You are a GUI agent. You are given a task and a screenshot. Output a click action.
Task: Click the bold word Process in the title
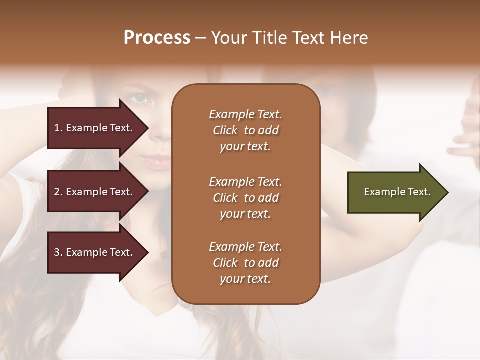click(157, 38)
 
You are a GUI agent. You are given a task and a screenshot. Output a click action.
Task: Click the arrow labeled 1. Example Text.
click(95, 128)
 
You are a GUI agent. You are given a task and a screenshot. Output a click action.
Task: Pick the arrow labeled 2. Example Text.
click(95, 192)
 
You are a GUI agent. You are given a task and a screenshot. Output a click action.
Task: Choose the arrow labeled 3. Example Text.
click(95, 252)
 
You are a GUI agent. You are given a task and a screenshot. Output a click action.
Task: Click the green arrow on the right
click(395, 192)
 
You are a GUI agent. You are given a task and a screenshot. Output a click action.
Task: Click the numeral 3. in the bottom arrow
click(58, 253)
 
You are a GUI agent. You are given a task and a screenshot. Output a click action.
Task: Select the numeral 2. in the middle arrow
click(58, 192)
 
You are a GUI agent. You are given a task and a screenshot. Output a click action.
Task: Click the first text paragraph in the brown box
click(245, 130)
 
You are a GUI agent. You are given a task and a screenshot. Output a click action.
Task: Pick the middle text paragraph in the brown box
click(245, 198)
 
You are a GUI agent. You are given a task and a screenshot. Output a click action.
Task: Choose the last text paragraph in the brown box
click(245, 263)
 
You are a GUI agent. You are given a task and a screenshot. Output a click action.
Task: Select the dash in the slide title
click(201, 38)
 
